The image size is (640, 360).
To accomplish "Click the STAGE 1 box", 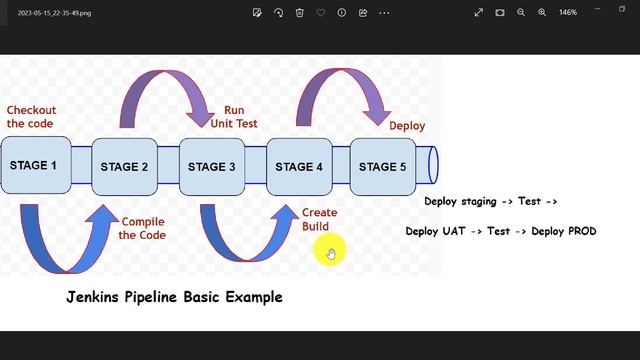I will tap(34, 166).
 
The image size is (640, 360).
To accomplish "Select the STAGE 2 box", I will tap(124, 166).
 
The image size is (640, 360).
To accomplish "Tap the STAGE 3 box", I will tap(211, 166).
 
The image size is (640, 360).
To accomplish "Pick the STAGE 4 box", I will tap(298, 166).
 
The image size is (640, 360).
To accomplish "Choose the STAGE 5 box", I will tap(382, 166).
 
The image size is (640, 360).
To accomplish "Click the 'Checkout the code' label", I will tap(30, 117).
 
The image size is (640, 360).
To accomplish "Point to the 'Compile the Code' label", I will tap(142, 228).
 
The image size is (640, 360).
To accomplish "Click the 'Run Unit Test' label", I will tap(234, 117).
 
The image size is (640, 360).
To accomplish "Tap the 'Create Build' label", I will tap(319, 219).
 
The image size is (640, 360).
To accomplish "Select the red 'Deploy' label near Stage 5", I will tap(407, 126).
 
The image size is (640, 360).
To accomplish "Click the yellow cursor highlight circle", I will tap(329, 251).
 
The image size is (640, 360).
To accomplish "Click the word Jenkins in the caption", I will tap(94, 297).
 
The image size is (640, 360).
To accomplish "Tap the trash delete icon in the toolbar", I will tap(299, 13).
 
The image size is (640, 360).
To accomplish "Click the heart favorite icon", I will tap(320, 13).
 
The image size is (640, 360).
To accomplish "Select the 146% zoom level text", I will tap(568, 13).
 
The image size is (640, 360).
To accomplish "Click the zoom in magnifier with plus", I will tap(542, 13).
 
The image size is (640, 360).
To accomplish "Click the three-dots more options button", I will tap(385, 13).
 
